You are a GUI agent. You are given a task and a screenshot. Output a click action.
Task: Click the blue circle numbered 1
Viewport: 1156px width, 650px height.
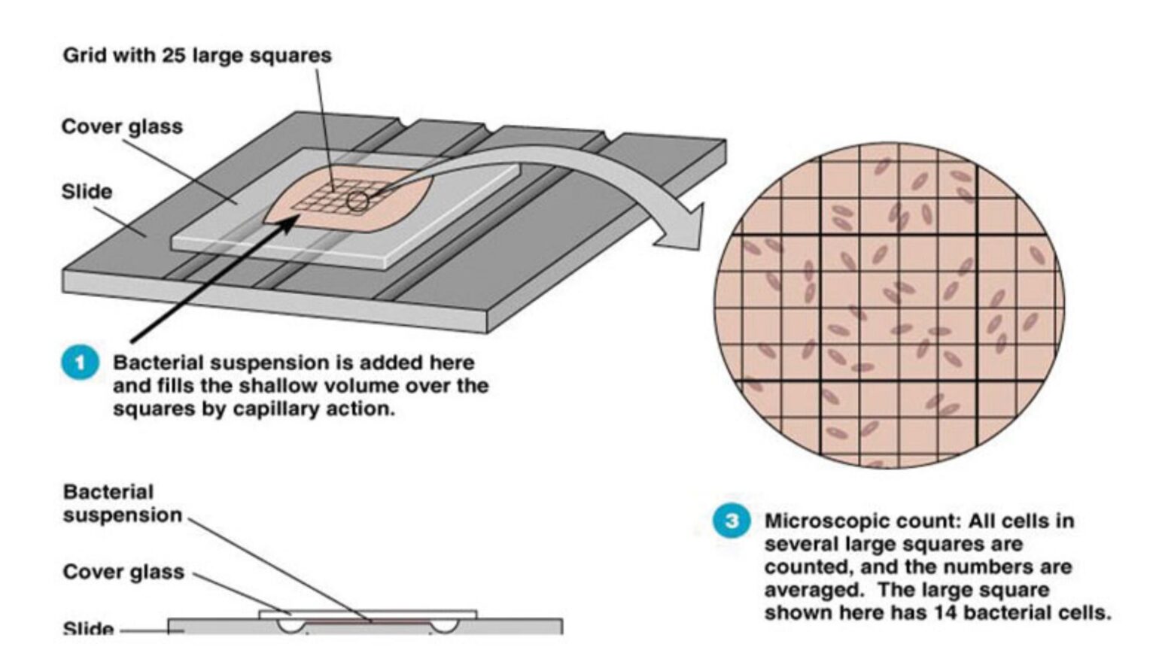click(x=80, y=363)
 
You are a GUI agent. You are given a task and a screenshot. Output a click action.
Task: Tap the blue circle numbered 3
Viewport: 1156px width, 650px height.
click(x=731, y=521)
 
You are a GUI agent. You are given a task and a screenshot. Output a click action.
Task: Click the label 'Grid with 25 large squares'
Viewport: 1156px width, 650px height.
click(x=196, y=56)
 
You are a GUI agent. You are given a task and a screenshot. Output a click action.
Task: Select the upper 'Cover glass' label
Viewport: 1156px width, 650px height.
click(x=122, y=126)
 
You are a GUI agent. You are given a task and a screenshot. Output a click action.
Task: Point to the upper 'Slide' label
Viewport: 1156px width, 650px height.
click(x=87, y=192)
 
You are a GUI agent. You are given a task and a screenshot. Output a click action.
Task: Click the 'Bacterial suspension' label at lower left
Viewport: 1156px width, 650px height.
click(x=122, y=503)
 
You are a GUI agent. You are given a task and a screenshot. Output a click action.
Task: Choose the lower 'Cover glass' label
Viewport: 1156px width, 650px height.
click(x=123, y=572)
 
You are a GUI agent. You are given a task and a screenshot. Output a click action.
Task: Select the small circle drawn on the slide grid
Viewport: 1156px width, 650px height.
click(x=357, y=201)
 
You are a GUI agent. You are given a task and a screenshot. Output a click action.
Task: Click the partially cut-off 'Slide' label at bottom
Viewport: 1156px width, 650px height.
click(x=88, y=628)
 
